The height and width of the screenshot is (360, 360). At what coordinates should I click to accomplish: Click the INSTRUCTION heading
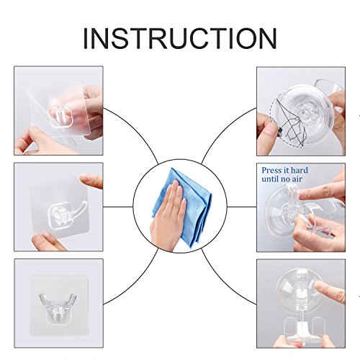tap(180, 39)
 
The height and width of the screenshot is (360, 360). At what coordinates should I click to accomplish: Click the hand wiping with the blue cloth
tap(168, 216)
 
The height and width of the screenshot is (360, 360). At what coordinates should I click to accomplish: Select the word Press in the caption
tap(271, 171)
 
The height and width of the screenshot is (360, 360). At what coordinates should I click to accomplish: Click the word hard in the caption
tap(299, 170)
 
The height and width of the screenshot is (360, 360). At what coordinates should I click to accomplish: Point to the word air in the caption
tap(297, 179)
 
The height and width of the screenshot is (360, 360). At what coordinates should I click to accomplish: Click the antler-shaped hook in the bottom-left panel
tap(58, 307)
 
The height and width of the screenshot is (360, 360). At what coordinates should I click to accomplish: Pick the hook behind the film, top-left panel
tap(60, 115)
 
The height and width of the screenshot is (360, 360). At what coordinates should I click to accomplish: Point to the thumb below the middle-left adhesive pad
tap(48, 241)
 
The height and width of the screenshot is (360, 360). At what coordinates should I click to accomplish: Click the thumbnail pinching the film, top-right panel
tap(271, 130)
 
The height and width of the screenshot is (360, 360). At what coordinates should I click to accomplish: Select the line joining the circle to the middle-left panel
tap(118, 207)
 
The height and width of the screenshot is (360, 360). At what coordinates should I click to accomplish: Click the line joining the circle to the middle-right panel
tap(242, 207)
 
